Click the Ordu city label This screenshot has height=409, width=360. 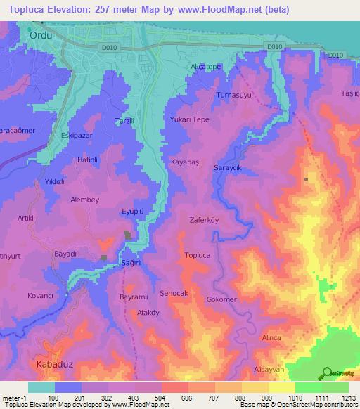[41, 33]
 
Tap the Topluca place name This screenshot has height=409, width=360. [197, 256]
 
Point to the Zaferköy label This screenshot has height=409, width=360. [205, 219]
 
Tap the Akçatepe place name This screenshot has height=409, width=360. [206, 66]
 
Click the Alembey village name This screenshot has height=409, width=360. [85, 200]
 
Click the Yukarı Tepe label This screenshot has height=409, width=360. [190, 119]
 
